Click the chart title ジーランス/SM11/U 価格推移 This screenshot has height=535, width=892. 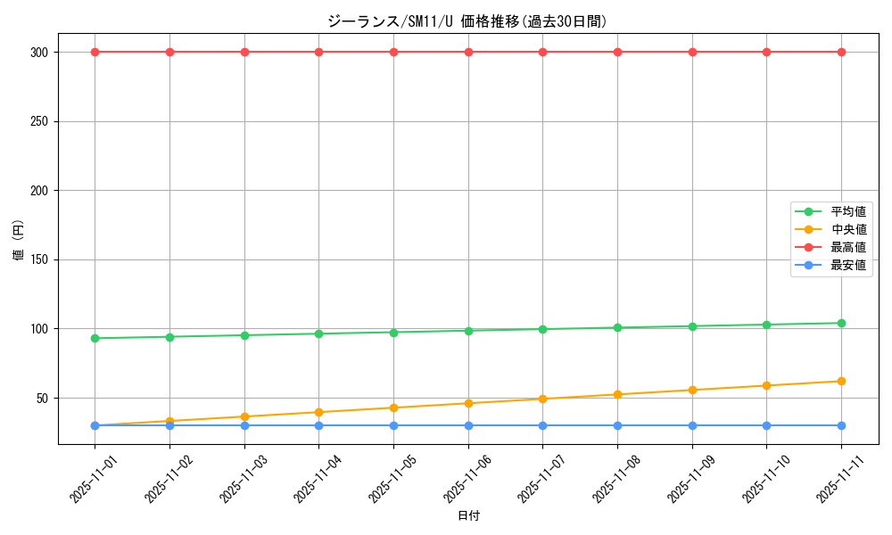tap(467, 21)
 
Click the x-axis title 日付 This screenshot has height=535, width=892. tap(468, 516)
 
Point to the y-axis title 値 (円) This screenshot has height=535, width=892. tap(19, 240)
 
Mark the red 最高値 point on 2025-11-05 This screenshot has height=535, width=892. tap(393, 52)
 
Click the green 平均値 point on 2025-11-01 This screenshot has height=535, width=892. tap(95, 338)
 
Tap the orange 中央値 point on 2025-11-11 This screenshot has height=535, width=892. tap(841, 381)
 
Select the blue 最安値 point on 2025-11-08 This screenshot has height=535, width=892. tap(617, 425)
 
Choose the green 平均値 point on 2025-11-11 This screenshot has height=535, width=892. tap(841, 323)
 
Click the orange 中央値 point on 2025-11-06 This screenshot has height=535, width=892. tap(468, 403)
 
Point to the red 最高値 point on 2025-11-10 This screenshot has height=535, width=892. tap(766, 52)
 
